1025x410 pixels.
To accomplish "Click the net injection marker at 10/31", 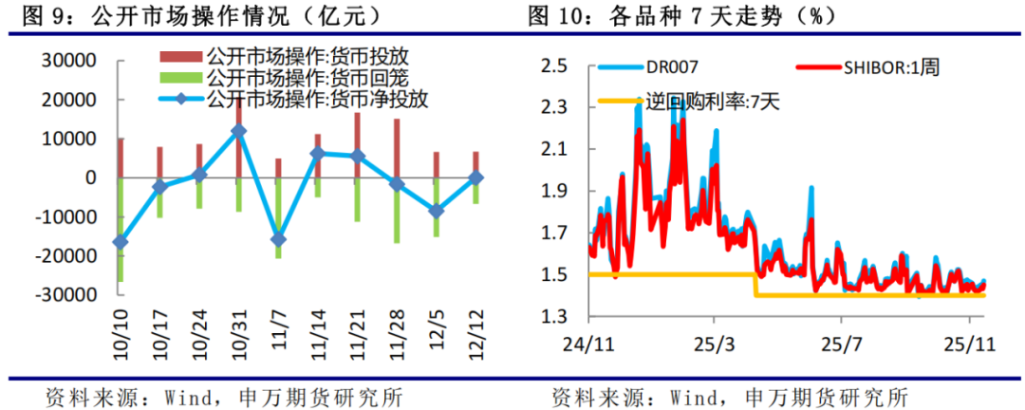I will (238, 131).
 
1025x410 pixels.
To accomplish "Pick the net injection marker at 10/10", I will (121, 242).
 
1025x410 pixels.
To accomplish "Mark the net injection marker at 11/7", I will (277, 239).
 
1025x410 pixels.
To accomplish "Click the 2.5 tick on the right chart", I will (553, 65).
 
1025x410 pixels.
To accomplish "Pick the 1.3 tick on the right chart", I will (553, 316).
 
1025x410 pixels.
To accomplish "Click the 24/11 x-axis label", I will (587, 341).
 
